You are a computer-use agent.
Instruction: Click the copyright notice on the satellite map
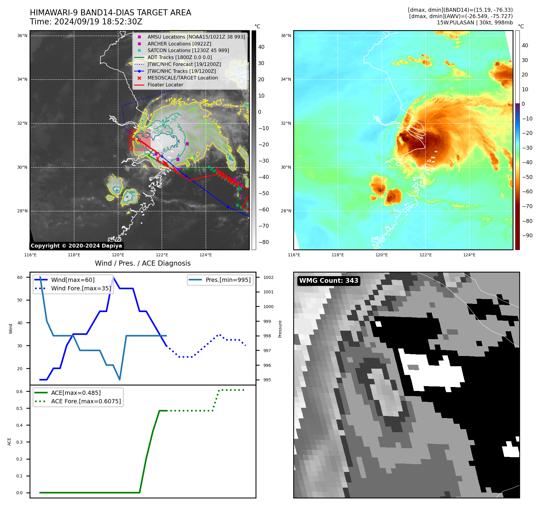pyautogui.click(x=76, y=246)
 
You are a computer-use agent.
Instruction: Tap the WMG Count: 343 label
pyautogui.click(x=328, y=281)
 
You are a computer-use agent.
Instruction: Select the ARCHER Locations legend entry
pyautogui.click(x=179, y=44)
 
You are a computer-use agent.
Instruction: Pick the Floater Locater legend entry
pyautogui.click(x=165, y=85)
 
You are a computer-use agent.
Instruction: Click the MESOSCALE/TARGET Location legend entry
pyautogui.click(x=182, y=78)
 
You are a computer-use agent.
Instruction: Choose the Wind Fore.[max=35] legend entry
pyautogui.click(x=81, y=289)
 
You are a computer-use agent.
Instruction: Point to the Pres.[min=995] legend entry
pyautogui.click(x=228, y=280)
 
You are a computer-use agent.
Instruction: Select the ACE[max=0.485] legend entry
pyautogui.click(x=76, y=393)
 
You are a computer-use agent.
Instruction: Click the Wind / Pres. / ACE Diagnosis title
pyautogui.click(x=143, y=264)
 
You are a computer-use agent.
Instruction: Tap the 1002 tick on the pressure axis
pyautogui.click(x=268, y=277)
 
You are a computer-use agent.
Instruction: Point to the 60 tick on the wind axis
pyautogui.click(x=20, y=277)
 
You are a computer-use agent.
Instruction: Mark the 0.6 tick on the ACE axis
pyautogui.click(x=20, y=392)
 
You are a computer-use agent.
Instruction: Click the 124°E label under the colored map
pyautogui.click(x=469, y=255)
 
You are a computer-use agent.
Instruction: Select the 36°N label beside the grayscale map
pyautogui.click(x=22, y=36)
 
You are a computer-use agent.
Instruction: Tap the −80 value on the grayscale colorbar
pyautogui.click(x=264, y=242)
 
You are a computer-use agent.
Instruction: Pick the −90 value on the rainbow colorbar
pyautogui.click(x=527, y=236)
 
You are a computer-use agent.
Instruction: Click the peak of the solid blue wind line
pyautogui.click(x=113, y=277)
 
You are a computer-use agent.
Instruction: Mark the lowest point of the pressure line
pyautogui.click(x=120, y=379)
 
